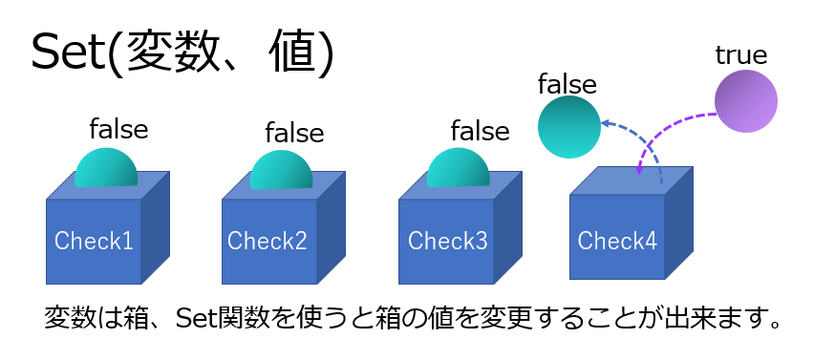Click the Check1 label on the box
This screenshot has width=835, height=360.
pyautogui.click(x=94, y=241)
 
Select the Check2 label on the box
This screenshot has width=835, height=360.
pyautogui.click(x=267, y=241)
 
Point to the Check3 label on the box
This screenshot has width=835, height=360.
pyautogui.click(x=447, y=240)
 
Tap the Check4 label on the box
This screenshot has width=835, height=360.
pyautogui.click(x=617, y=241)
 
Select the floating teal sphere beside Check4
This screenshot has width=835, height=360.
pyautogui.click(x=569, y=127)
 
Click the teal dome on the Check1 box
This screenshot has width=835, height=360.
pyautogui.click(x=105, y=169)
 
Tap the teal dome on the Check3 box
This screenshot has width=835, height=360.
pyautogui.click(x=458, y=169)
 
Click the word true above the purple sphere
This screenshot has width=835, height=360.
pyautogui.click(x=741, y=55)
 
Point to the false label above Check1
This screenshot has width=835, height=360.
pyautogui.click(x=118, y=127)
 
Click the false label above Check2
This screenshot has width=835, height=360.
pyautogui.click(x=294, y=131)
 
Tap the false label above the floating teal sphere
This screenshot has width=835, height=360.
pyautogui.click(x=567, y=84)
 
